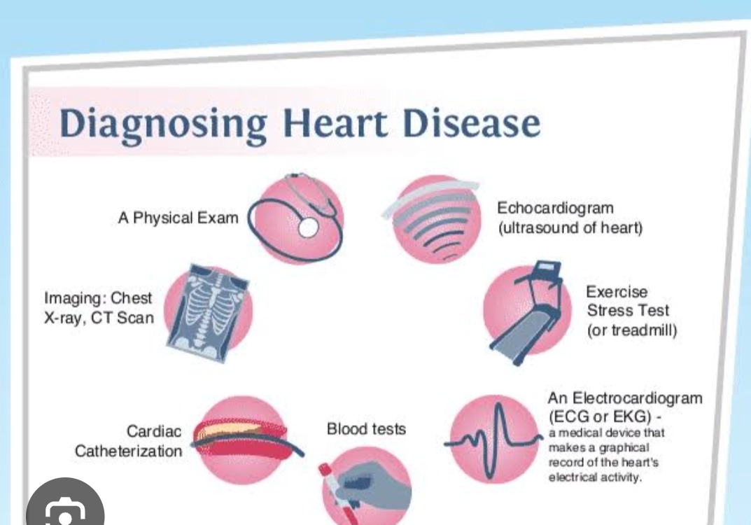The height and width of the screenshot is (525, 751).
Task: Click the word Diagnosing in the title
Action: pos(163,125)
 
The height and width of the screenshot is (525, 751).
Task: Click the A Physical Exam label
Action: pos(178,218)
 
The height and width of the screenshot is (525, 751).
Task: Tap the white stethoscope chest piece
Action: pos(308,227)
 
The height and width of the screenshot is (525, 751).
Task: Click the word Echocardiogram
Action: pos(555,209)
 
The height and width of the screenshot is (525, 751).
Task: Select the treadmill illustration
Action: pos(527,314)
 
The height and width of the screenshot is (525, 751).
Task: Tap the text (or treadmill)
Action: pos(632,330)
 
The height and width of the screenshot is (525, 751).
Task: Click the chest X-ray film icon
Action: pos(207,314)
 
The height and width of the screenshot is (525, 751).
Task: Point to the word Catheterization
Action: pos(128,451)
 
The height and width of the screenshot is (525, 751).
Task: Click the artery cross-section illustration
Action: pos(244,439)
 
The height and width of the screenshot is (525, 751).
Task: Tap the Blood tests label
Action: pos(366,428)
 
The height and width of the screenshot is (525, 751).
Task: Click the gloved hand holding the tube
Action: pos(374,486)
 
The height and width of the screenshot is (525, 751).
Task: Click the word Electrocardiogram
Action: pos(638,398)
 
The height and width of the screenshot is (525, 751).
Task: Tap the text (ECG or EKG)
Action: pos(600,416)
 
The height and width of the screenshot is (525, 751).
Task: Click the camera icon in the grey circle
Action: pos(65,512)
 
